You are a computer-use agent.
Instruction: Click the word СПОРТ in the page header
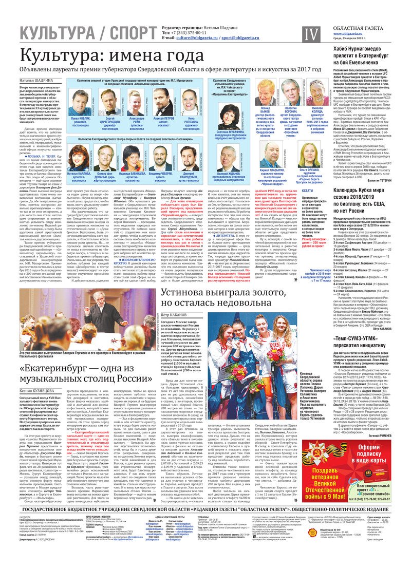point(126,34)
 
